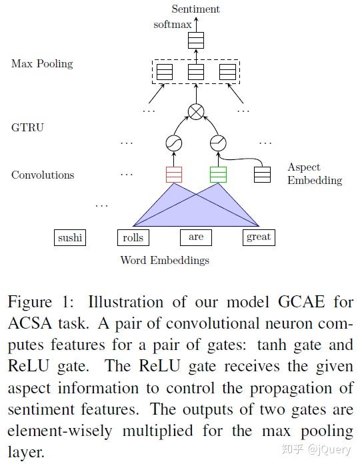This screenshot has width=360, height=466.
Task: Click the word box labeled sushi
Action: [70, 237]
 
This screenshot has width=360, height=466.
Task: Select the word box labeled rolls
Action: [133, 237]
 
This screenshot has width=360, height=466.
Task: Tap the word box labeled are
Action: [196, 237]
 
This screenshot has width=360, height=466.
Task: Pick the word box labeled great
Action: [258, 237]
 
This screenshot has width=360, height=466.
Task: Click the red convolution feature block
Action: [173, 175]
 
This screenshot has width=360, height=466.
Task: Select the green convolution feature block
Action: [218, 175]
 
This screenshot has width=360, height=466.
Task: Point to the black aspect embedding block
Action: [263, 175]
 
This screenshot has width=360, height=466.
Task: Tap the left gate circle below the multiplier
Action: [173, 143]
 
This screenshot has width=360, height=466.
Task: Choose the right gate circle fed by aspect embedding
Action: [218, 143]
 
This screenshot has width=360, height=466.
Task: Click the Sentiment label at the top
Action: [195, 9]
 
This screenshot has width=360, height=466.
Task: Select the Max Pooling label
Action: [42, 64]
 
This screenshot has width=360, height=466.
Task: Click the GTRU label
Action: [27, 127]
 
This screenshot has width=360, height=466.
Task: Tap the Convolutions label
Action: [43, 175]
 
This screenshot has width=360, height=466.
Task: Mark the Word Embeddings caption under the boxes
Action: [165, 260]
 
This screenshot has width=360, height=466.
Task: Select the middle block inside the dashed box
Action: [195, 71]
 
